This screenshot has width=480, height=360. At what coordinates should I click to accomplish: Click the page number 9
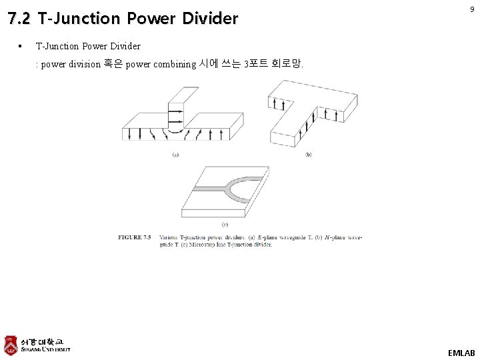point(471,9)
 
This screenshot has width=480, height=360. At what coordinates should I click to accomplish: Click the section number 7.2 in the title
point(19,19)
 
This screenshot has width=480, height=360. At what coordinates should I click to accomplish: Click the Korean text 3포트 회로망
point(273,65)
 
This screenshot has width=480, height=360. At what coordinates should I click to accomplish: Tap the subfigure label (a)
point(176,155)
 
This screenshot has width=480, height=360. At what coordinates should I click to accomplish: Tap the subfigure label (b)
point(309,155)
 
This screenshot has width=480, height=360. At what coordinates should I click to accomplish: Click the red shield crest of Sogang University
point(11,345)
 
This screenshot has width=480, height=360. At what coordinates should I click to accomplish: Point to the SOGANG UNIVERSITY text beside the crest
point(45,349)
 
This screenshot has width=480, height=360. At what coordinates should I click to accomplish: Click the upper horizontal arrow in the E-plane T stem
point(175,112)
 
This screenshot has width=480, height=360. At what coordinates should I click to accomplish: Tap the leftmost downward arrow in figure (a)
point(127,134)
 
